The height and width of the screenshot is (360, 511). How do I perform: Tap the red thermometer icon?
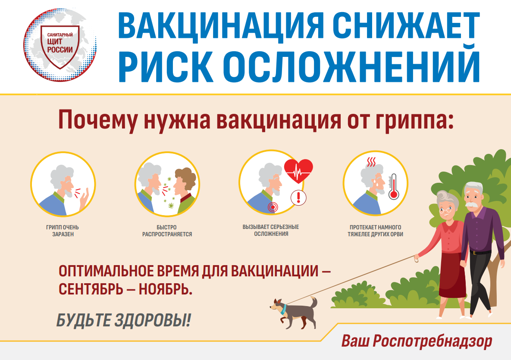[x=393, y=186]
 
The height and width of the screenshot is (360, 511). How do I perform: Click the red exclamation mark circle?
[x=298, y=197]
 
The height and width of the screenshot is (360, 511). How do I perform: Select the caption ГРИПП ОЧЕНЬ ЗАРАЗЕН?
[x=63, y=231]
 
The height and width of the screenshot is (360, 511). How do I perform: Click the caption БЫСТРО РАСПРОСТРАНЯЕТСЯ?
[x=167, y=231]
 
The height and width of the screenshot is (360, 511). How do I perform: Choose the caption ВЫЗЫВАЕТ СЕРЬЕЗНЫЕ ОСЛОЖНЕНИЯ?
[x=271, y=230]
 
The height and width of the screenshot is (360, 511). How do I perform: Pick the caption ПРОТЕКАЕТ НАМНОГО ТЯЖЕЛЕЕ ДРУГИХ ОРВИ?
[x=376, y=231]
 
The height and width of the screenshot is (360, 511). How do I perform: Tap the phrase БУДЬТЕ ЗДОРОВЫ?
[x=123, y=320]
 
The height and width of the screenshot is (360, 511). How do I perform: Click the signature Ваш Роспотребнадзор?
[x=417, y=341]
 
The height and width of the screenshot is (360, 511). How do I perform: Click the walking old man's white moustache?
[x=471, y=205]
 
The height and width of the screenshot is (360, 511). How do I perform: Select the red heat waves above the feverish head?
[x=371, y=162]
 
